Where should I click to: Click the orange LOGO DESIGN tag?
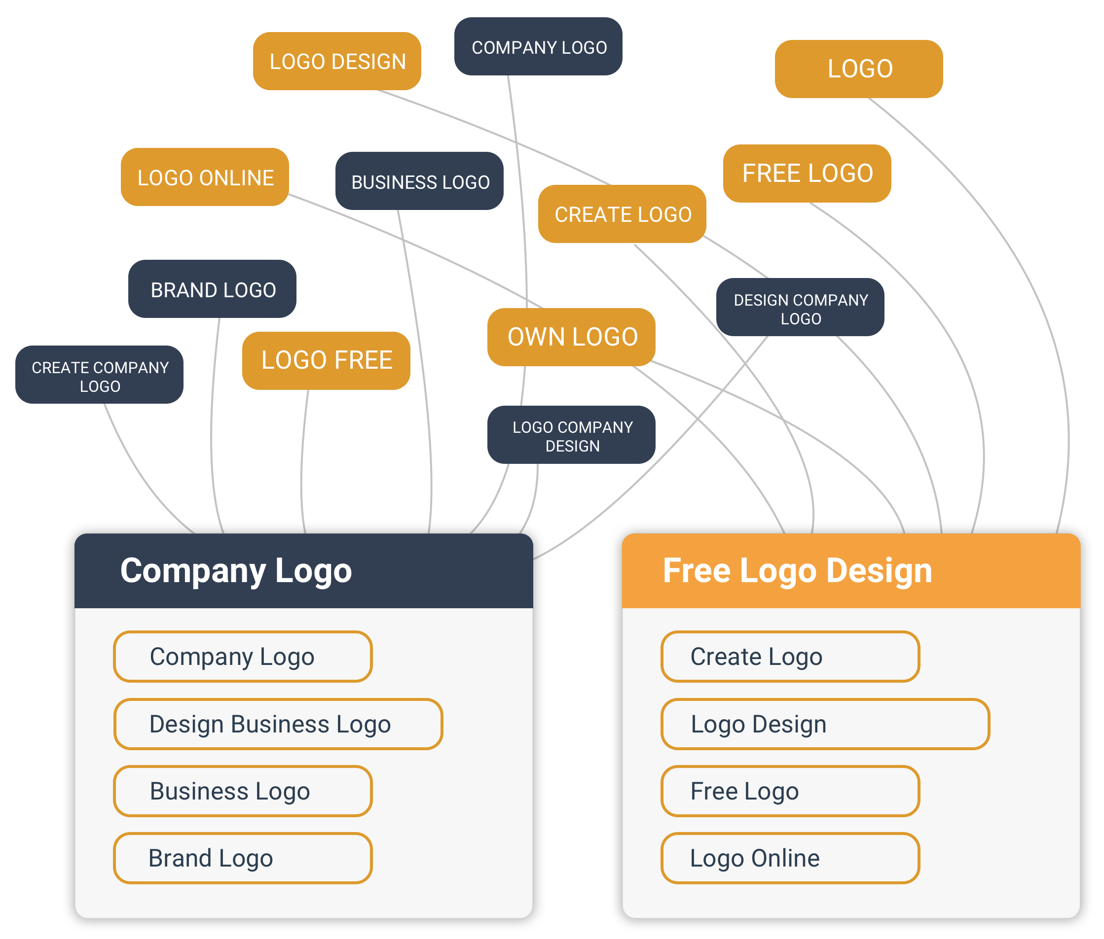pyautogui.click(x=337, y=61)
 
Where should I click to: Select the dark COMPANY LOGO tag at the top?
pyautogui.click(x=538, y=47)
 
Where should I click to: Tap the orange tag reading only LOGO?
pyautogui.click(x=859, y=69)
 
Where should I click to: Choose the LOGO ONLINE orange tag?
pyautogui.click(x=205, y=177)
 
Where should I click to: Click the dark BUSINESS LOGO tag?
pyautogui.click(x=419, y=181)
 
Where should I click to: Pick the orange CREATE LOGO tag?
pyautogui.click(x=623, y=214)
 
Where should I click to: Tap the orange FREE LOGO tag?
pyautogui.click(x=807, y=174)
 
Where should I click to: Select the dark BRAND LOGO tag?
pyautogui.click(x=213, y=289)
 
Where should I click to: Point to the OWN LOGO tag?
pyautogui.click(x=572, y=337)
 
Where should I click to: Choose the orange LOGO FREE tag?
pyautogui.click(x=326, y=360)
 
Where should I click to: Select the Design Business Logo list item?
pyautogui.click(x=278, y=724)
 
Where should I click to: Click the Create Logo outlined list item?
pyautogui.click(x=790, y=657)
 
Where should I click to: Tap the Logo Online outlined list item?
pyautogui.click(x=790, y=858)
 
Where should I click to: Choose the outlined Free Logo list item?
pyautogui.click(x=790, y=791)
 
